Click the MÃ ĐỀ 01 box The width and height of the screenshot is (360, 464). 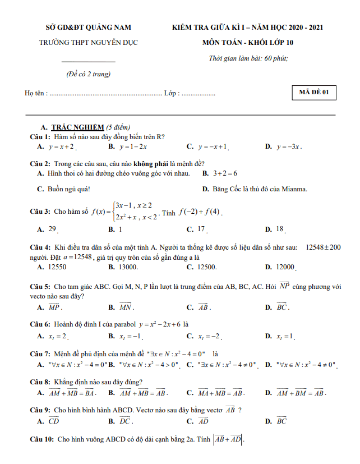click(314, 93)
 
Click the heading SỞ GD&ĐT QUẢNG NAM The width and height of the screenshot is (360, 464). click(89, 27)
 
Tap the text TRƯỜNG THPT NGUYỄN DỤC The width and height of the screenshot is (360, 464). click(89, 42)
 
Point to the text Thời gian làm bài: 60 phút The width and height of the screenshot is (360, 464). click(248, 58)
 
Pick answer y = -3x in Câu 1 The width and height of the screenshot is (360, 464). click(289, 146)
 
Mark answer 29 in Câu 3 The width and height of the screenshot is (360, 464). click(52, 229)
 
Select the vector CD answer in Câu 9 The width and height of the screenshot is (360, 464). click(54, 421)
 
